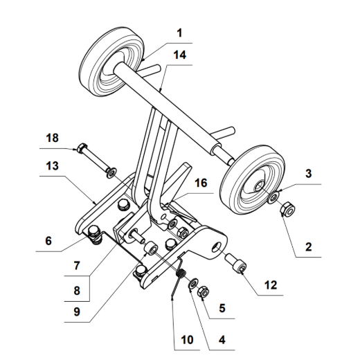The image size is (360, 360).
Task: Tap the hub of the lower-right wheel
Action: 257,184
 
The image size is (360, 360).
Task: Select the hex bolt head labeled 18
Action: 82,147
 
